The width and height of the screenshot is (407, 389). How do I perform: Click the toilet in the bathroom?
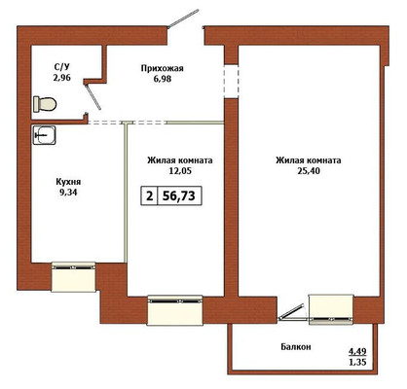[45, 104]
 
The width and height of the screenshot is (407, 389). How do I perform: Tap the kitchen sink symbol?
[44, 135]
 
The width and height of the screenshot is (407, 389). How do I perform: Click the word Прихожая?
[162, 68]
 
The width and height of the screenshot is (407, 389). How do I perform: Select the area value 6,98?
[163, 79]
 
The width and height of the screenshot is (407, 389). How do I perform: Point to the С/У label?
[61, 67]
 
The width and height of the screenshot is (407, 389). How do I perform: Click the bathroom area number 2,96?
[61, 78]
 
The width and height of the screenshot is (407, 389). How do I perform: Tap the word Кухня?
[68, 182]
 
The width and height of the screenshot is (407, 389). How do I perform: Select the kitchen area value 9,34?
[68, 193]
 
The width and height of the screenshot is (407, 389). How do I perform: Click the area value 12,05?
[180, 171]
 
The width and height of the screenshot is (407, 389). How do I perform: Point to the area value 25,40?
[309, 171]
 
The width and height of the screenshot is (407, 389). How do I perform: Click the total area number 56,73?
[179, 195]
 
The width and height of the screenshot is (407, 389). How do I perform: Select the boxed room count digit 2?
[149, 196]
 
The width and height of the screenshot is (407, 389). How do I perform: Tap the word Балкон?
[296, 347]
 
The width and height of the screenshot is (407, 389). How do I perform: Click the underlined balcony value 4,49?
[357, 351]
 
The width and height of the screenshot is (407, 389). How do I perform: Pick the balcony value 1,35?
[357, 362]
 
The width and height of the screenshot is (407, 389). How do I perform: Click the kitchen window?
[73, 276]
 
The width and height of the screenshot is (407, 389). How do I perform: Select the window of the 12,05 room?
[175, 310]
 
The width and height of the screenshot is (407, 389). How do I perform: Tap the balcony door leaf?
[291, 312]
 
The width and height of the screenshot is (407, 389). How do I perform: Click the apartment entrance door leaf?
[183, 18]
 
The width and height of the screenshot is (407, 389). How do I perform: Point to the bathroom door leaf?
[92, 96]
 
